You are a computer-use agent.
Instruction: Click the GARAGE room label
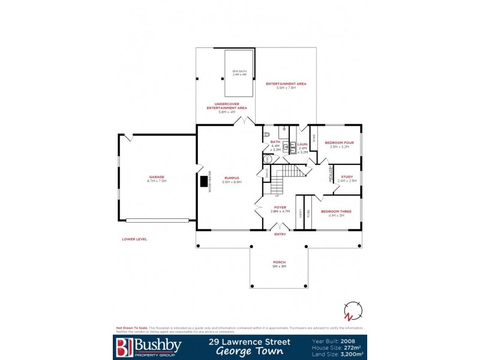click(x=157, y=177)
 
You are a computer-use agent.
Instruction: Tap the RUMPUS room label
click(x=232, y=178)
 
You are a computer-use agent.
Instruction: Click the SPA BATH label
click(x=239, y=71)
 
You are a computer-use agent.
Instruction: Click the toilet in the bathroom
click(x=268, y=134)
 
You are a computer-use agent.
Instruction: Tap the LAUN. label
click(x=302, y=145)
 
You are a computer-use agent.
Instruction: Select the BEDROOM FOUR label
click(x=339, y=142)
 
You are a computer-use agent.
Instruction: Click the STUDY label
click(x=347, y=176)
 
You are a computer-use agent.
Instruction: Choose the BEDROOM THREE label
click(x=332, y=212)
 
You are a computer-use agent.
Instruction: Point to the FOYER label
click(x=280, y=208)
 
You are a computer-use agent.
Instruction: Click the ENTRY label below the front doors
click(x=280, y=234)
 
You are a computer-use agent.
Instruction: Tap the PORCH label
click(x=280, y=262)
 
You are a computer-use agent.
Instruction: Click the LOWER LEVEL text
click(x=134, y=239)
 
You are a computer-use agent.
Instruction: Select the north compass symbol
click(x=352, y=313)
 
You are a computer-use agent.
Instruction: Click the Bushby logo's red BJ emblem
click(x=122, y=346)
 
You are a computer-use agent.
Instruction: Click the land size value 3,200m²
click(x=353, y=354)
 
